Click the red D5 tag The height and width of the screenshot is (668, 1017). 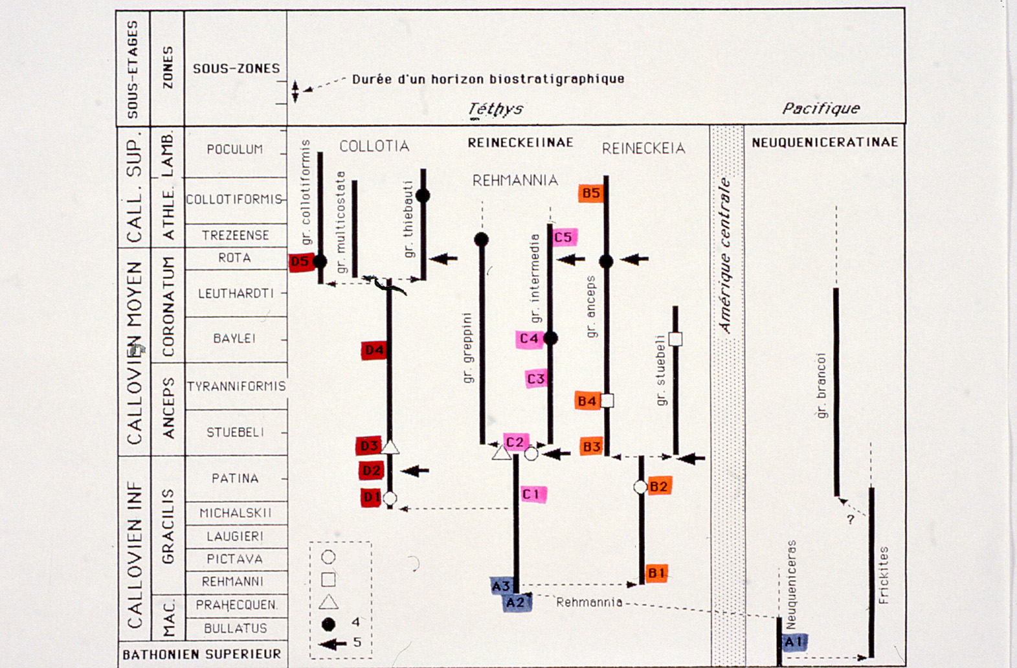pyautogui.click(x=300, y=262)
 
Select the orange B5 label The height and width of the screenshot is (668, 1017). pyautogui.click(x=590, y=193)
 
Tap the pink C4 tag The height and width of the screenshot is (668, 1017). pyautogui.click(x=529, y=339)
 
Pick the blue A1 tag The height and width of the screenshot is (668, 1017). pyautogui.click(x=794, y=641)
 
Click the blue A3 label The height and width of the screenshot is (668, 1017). pyautogui.click(x=502, y=586)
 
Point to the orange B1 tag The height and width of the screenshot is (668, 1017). pyautogui.click(x=656, y=573)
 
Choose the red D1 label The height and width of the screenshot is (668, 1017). pyautogui.click(x=371, y=497)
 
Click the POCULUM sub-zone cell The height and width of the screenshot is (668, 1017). pyautogui.click(x=235, y=150)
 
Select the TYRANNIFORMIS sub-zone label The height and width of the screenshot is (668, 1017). pyautogui.click(x=236, y=386)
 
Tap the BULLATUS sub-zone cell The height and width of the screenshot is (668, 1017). pyautogui.click(x=235, y=628)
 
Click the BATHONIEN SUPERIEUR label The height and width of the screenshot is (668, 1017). pyautogui.click(x=202, y=654)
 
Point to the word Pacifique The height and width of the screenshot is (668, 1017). pyautogui.click(x=820, y=109)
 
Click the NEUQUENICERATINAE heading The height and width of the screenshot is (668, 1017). pyautogui.click(x=824, y=142)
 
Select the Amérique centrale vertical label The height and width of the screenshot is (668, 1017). pyautogui.click(x=726, y=256)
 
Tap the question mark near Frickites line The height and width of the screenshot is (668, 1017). pyautogui.click(x=851, y=519)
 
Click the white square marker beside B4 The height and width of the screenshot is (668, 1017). pyautogui.click(x=607, y=401)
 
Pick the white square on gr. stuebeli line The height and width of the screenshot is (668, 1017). pyautogui.click(x=675, y=339)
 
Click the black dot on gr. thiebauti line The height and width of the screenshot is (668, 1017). pyautogui.click(x=423, y=195)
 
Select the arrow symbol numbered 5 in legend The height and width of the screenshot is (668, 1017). pyautogui.click(x=333, y=643)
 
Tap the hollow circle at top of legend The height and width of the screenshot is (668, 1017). pyautogui.click(x=328, y=557)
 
